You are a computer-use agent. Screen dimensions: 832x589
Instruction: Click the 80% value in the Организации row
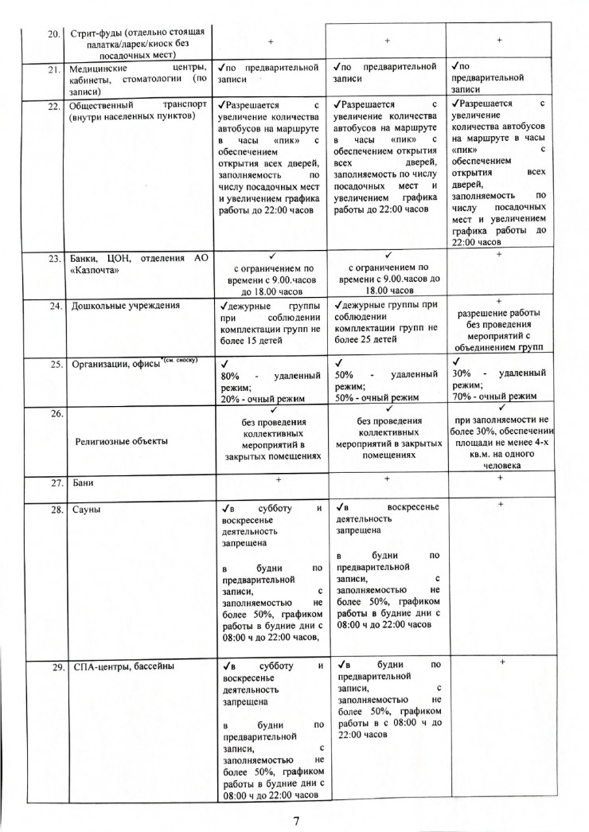(x=230, y=374)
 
